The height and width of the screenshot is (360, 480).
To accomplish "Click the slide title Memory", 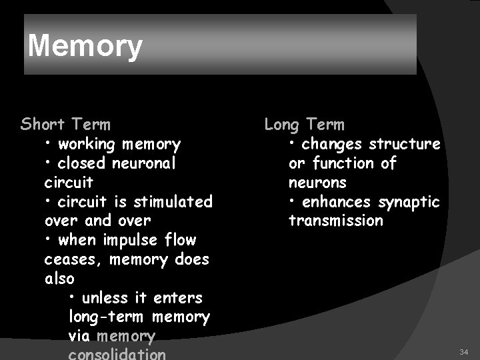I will click(x=85, y=47).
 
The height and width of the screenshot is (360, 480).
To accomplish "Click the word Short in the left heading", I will click(x=43, y=125).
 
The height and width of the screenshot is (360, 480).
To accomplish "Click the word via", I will click(x=80, y=337).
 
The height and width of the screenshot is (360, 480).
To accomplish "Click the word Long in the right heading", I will click(x=282, y=125).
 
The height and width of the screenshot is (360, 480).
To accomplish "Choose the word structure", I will click(x=404, y=144).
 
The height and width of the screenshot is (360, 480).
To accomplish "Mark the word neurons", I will click(x=317, y=182).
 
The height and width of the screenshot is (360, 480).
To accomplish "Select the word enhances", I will click(x=338, y=201).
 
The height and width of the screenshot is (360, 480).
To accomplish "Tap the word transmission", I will click(x=335, y=221).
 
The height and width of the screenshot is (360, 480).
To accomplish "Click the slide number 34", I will click(x=463, y=351).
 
